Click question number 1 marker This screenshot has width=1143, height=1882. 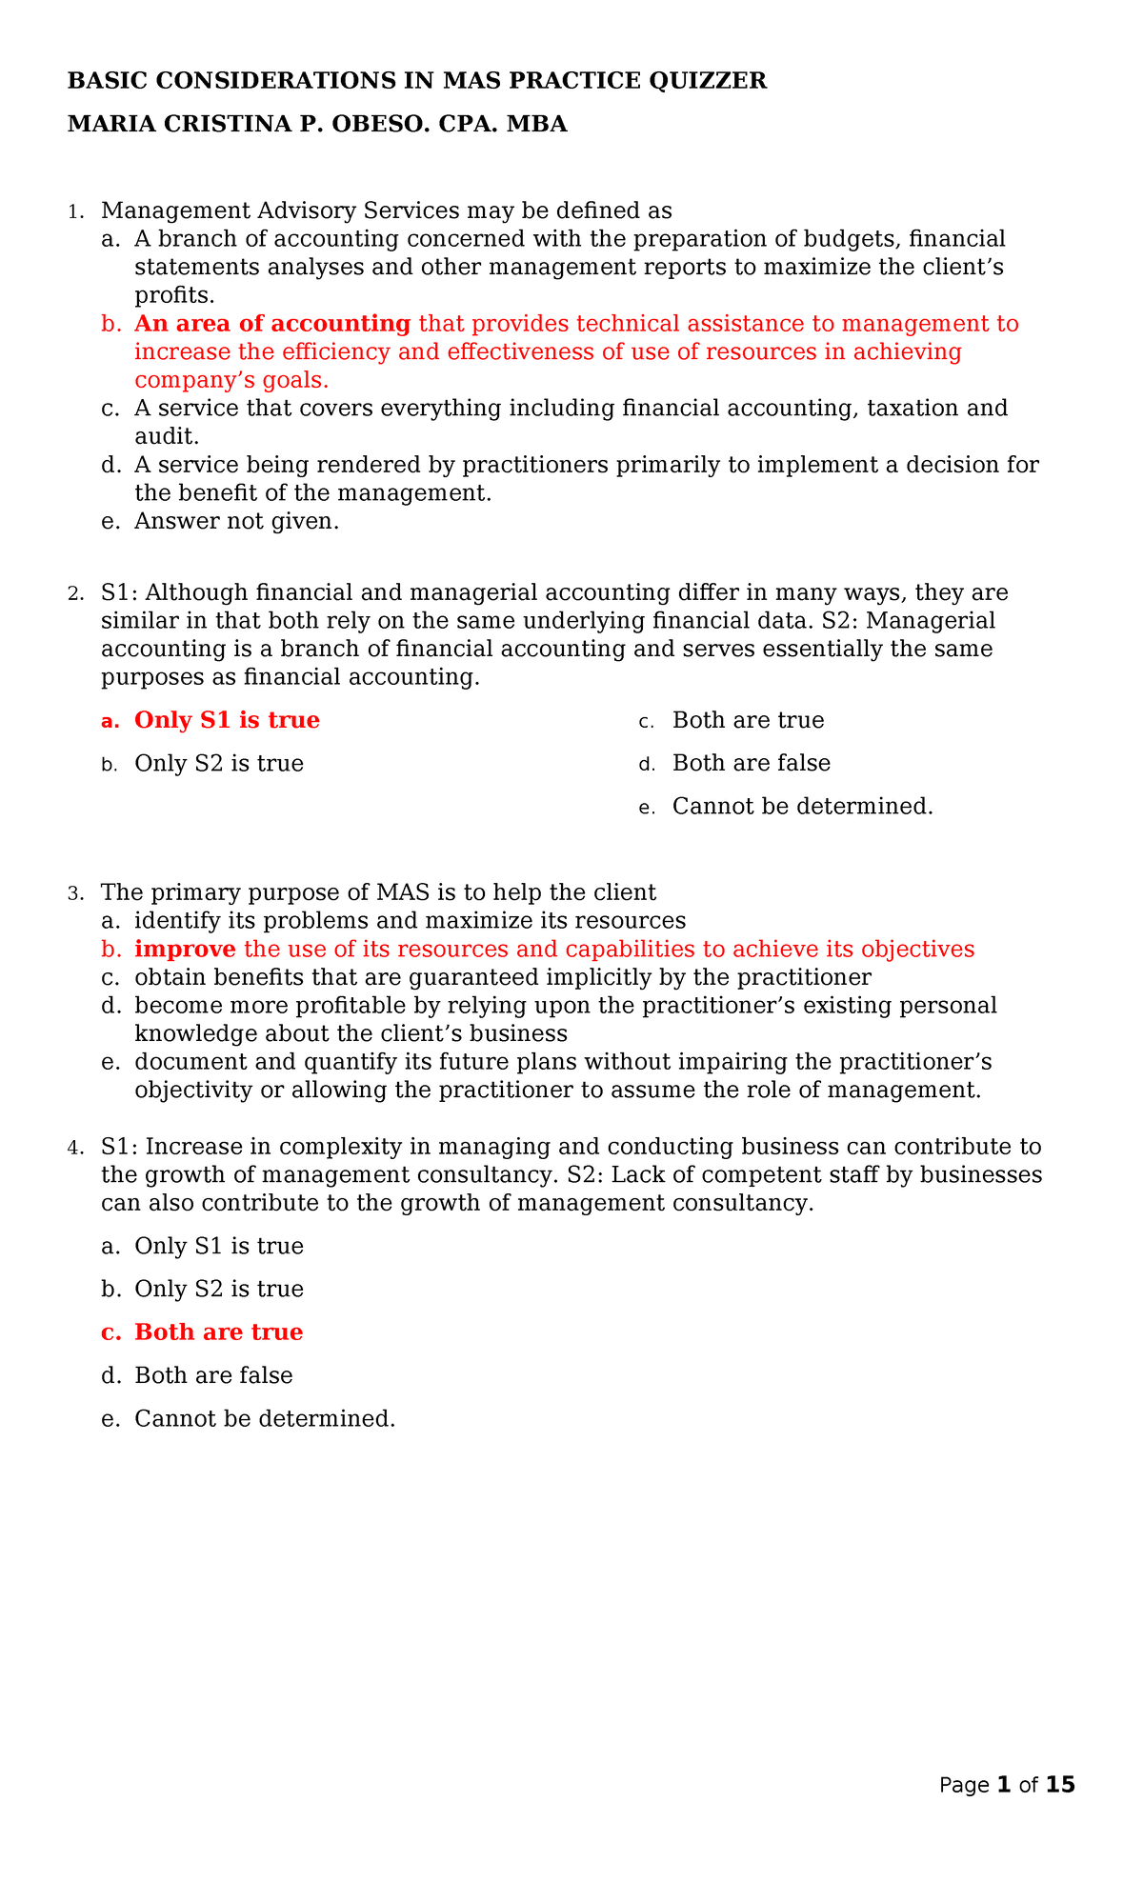pyautogui.click(x=75, y=211)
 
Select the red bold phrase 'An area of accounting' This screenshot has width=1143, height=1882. pyautogui.click(x=272, y=324)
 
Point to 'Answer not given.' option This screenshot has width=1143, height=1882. pyautogui.click(x=236, y=521)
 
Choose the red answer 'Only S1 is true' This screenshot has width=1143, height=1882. pyautogui.click(x=227, y=720)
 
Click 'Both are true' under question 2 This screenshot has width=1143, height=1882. pyautogui.click(x=748, y=720)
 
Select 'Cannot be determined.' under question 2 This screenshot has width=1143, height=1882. pyautogui.click(x=802, y=807)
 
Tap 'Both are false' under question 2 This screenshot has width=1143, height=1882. pyautogui.click(x=751, y=763)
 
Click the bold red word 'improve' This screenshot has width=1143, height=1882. pyautogui.click(x=185, y=949)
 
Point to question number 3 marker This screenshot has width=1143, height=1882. pyautogui.click(x=75, y=893)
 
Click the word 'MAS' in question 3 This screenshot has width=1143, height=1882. pyautogui.click(x=403, y=892)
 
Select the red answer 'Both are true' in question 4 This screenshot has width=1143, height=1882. pyautogui.click(x=218, y=1332)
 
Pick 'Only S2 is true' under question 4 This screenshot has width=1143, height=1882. pyautogui.click(x=219, y=1289)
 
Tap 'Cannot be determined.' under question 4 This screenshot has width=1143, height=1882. pyautogui.click(x=264, y=1419)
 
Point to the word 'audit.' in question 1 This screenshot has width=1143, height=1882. pyautogui.click(x=167, y=437)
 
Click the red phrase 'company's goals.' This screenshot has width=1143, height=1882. pyautogui.click(x=231, y=380)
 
